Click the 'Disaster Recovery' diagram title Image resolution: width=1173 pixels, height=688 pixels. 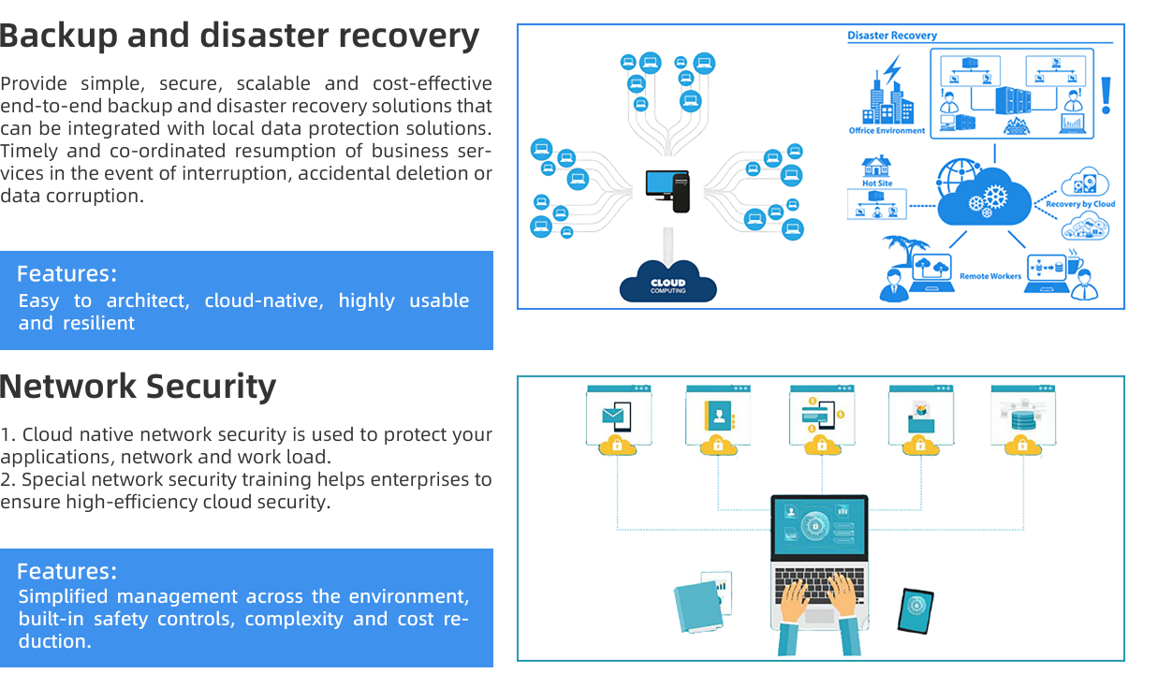pyautogui.click(x=892, y=36)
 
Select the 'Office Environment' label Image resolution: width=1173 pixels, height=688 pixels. pyautogui.click(x=887, y=131)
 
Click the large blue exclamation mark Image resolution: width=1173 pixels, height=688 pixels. pyautogui.click(x=1107, y=95)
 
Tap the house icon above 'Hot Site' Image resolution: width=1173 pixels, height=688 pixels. pyautogui.click(x=876, y=167)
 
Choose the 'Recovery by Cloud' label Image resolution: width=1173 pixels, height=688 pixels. pyautogui.click(x=1079, y=204)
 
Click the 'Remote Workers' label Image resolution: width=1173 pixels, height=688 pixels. pyautogui.click(x=990, y=276)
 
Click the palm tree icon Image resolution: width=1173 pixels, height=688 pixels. pyautogui.click(x=904, y=250)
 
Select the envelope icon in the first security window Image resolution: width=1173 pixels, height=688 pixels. pyautogui.click(x=614, y=414)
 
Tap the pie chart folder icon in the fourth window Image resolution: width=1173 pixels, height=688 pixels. pyautogui.click(x=920, y=416)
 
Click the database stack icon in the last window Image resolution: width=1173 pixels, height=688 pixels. pyautogui.click(x=1022, y=417)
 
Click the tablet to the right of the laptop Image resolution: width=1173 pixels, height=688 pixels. pyautogui.click(x=916, y=610)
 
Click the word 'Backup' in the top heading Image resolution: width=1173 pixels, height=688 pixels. pyautogui.click(x=59, y=36)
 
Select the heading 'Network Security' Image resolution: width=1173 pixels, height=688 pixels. pyautogui.click(x=139, y=387)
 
